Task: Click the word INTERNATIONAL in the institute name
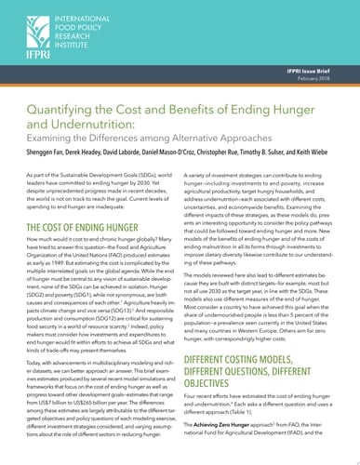tap(82, 10)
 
